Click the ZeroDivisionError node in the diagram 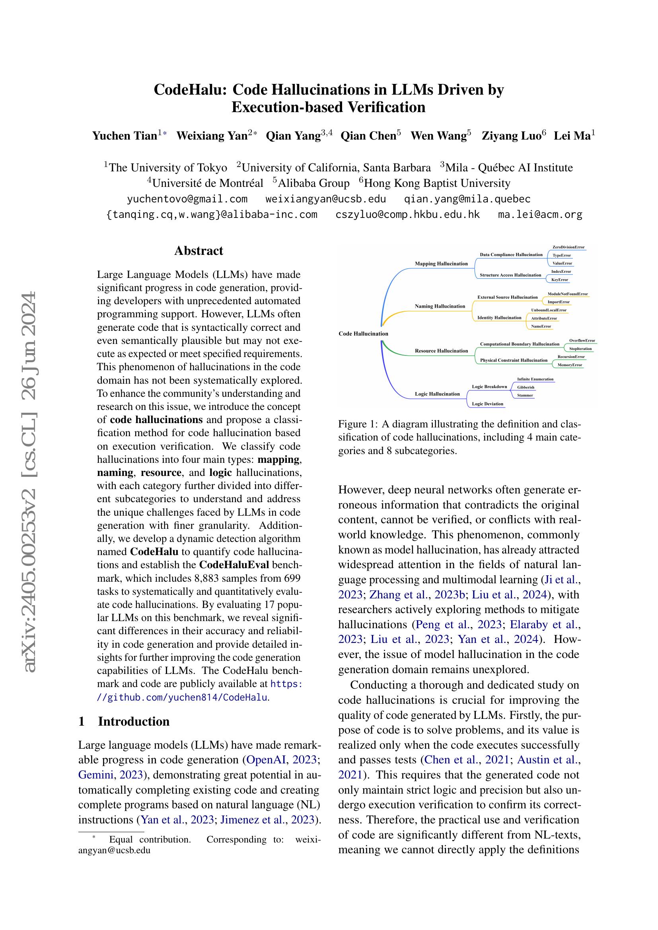coord(568,247)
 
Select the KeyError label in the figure coord(560,280)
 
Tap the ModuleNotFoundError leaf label coord(568,294)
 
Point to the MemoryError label coord(570,365)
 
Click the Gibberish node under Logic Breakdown coord(526,387)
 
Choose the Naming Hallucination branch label coord(440,306)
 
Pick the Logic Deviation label coord(487,404)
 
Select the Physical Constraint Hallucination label coord(513,360)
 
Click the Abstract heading coord(199,251)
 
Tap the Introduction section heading coord(134,721)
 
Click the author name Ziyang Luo coord(511,136)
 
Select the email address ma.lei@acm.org coord(540,215)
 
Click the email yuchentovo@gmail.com coord(187,199)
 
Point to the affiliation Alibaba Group coord(313,183)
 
